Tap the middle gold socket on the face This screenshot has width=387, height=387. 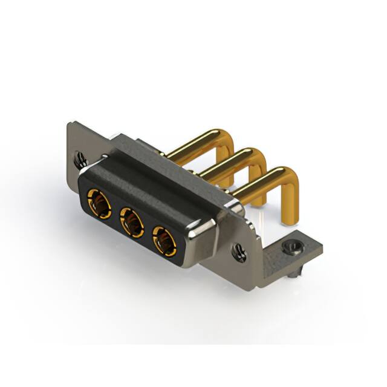tap(131, 219)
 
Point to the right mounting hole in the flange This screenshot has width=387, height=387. tap(240, 253)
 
